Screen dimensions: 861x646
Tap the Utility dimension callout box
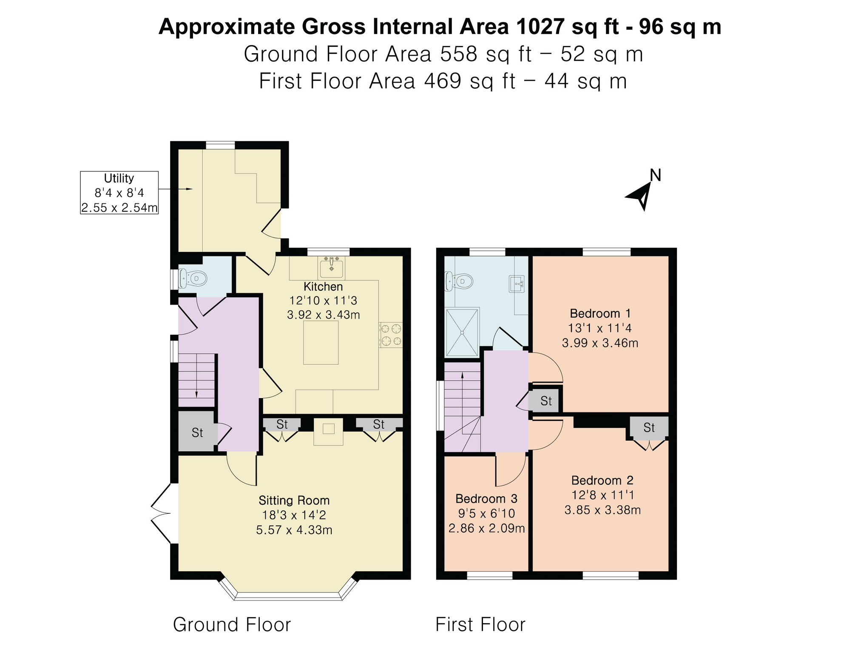pos(119,193)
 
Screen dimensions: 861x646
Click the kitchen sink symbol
pos(332,267)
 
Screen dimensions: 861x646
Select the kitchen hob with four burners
pos(391,335)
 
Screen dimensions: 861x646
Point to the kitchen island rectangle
pos(321,342)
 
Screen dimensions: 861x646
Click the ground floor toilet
pos(193,279)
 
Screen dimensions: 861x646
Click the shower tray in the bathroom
pos(462,332)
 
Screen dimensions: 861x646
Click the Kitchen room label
pos(323,287)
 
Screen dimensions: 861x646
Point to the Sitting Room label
pos(294,501)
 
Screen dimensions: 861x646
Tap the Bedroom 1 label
pos(600,314)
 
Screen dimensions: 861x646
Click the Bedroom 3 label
pos(486,499)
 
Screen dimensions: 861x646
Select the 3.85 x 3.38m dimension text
pos(602,510)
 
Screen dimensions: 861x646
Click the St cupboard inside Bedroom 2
pos(649,427)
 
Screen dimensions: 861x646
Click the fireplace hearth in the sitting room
pos(328,431)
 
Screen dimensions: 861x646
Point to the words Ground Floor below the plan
pos(232,625)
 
